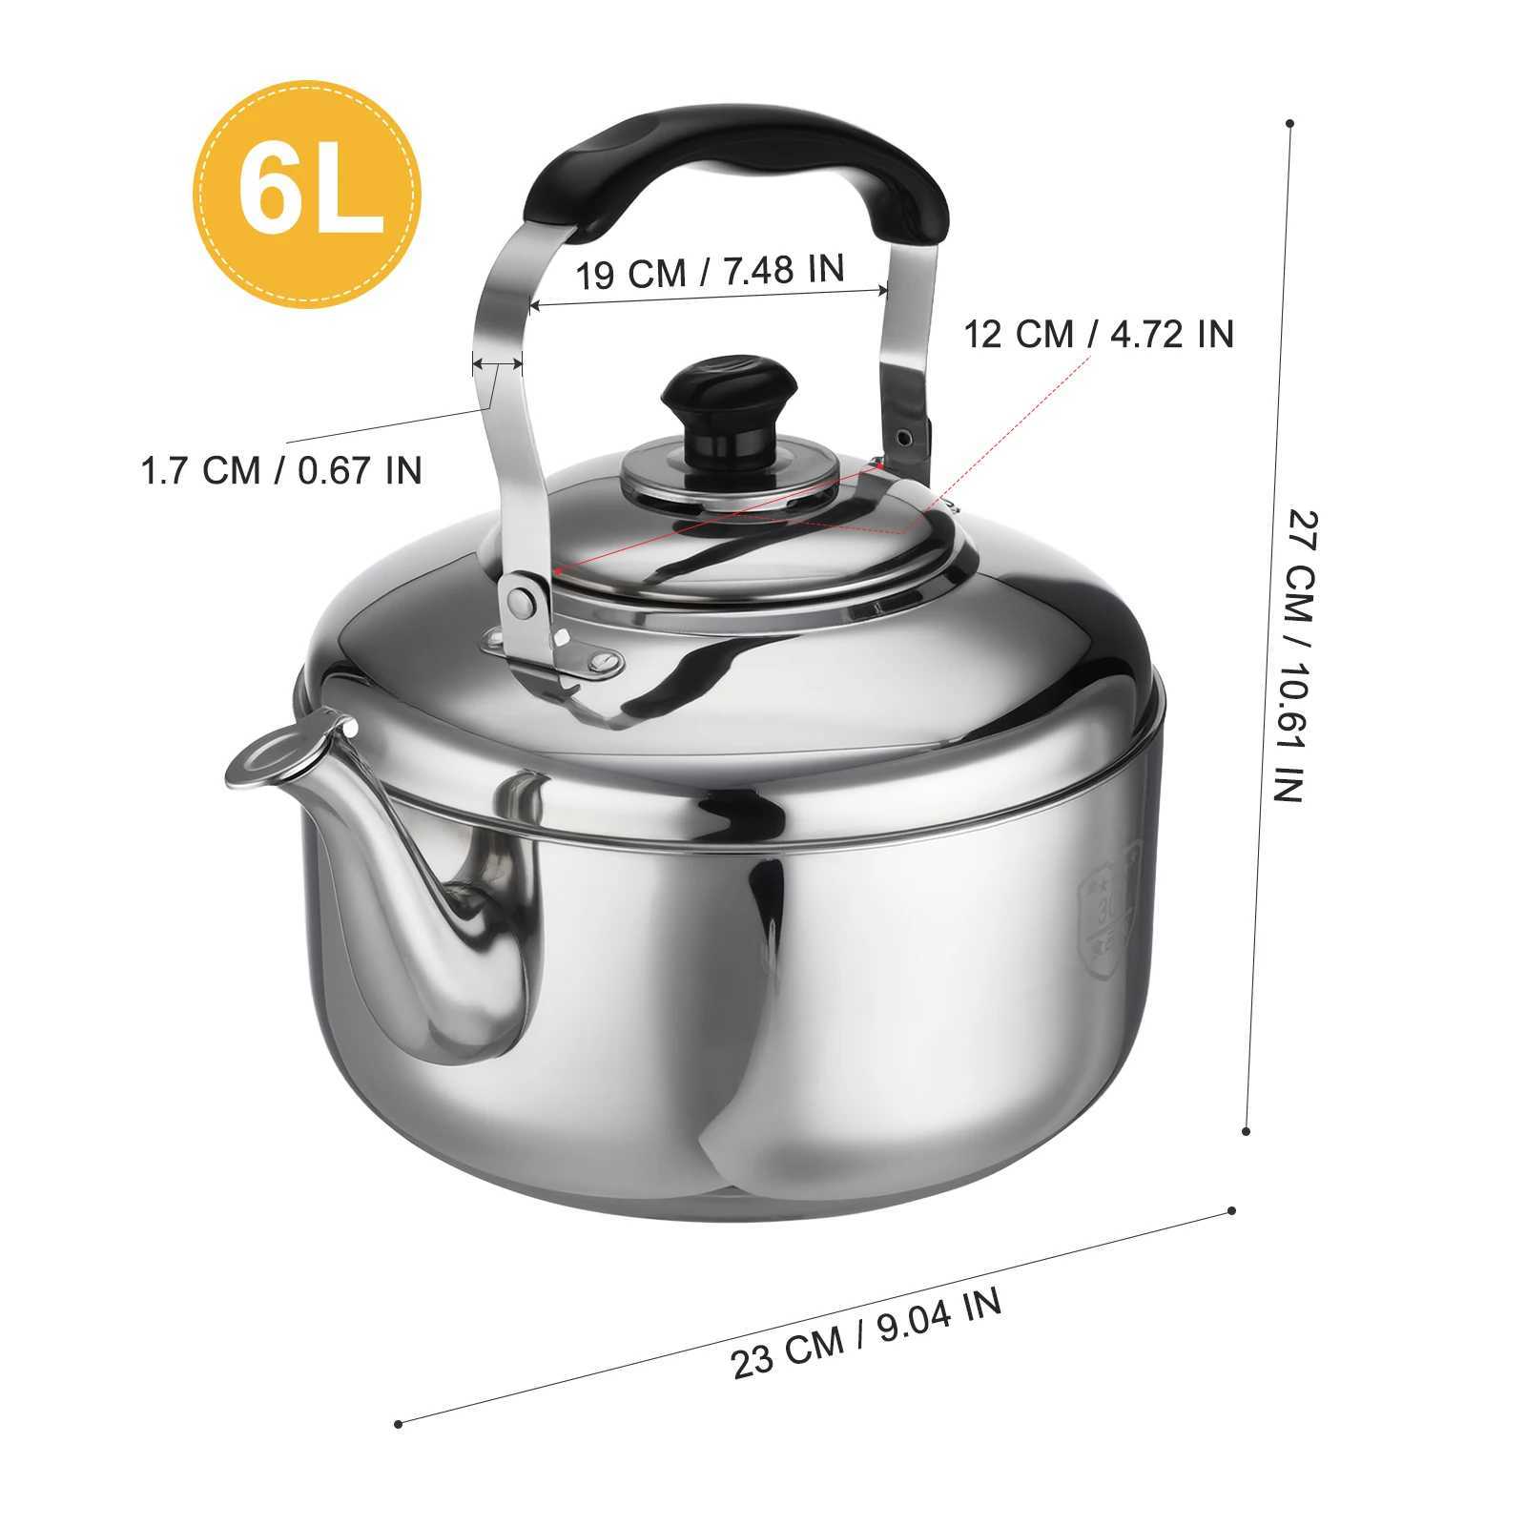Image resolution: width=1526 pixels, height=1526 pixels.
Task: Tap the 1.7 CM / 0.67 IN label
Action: coord(282,470)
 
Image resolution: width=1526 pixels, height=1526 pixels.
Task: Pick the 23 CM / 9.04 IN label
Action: coord(867,1333)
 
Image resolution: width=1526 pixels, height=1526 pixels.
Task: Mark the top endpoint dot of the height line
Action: coord(1289,123)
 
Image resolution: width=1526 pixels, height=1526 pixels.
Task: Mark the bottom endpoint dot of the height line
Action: coord(1247,1131)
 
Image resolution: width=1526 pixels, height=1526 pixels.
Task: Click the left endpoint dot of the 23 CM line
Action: coord(398,1451)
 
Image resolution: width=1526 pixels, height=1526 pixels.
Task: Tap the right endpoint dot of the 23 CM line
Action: coord(1232,1210)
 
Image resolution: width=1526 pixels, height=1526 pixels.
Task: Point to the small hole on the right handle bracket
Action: coord(904,436)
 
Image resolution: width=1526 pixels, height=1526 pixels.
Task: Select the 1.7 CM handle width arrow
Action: coord(498,363)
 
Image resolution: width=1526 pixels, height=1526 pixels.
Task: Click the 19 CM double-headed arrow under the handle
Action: coord(710,298)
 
